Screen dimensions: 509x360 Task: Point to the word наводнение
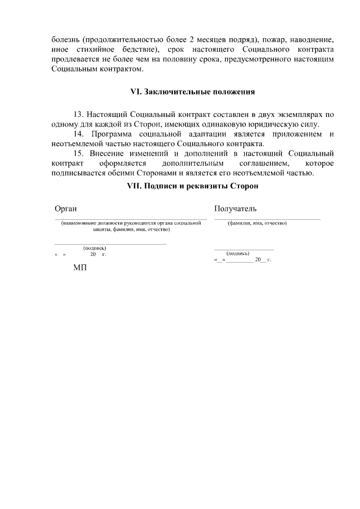pyautogui.click(x=312, y=40)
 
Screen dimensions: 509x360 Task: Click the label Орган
pyautogui.click(x=66, y=209)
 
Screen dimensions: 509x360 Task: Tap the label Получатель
pyautogui.click(x=236, y=209)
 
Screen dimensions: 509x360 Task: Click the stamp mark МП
pyautogui.click(x=80, y=268)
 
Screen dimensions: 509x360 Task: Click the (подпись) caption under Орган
pyautogui.click(x=94, y=248)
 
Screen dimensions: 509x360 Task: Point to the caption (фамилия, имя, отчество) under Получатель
pyautogui.click(x=257, y=223)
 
